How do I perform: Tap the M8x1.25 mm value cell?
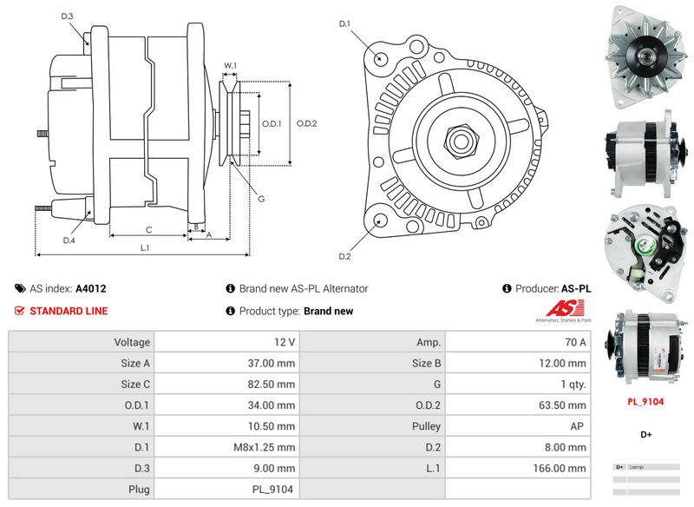coord(227,447)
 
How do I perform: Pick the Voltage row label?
coord(82,343)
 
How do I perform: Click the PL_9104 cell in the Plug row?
coord(227,489)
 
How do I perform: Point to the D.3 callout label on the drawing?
coord(68,16)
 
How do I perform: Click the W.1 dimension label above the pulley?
coord(231,66)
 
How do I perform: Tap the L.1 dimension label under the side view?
coord(145,247)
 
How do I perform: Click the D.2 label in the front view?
coord(344,256)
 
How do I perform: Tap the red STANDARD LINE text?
coord(69,311)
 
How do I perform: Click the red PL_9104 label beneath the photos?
coord(645,402)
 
